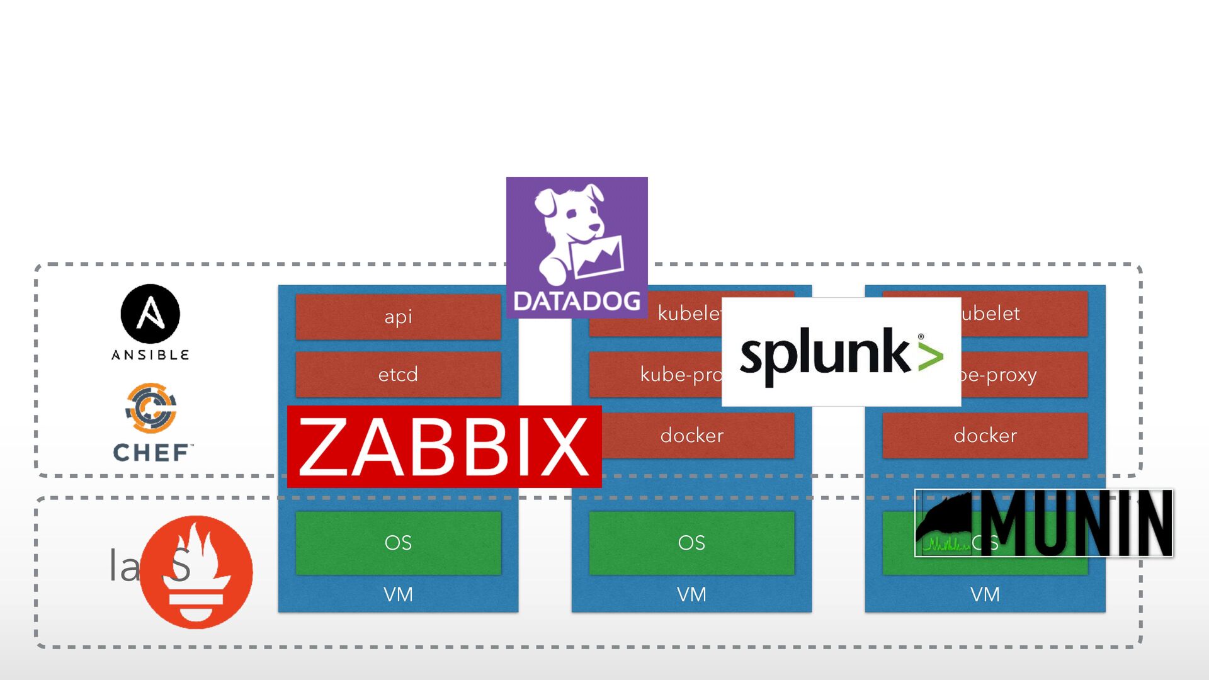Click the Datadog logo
pos(577,247)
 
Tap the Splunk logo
pos(841,353)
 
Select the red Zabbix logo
pos(444,447)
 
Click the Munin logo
pos(1043,523)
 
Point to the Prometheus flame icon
pos(196,572)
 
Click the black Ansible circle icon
pos(150,314)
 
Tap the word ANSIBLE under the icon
pos(150,355)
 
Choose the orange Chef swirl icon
pos(151,408)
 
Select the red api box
pos(398,317)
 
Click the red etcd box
pos(398,375)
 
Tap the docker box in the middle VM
pos(692,435)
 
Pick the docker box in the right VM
pos(985,435)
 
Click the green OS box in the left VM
pos(398,543)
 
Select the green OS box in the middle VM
pos(691,543)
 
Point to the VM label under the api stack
pos(398,594)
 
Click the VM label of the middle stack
pos(691,594)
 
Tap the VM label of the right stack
pos(985,594)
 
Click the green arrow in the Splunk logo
pos(931,356)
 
